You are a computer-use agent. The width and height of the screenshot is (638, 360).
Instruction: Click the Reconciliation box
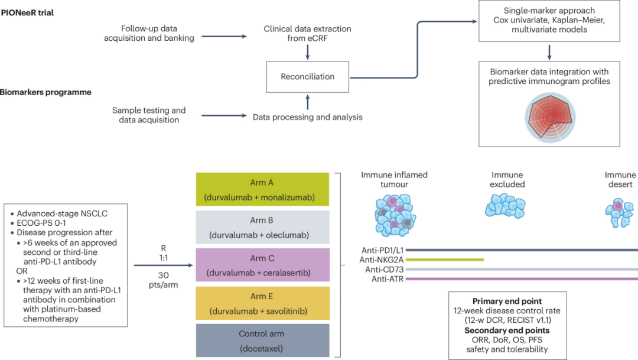tap(308, 76)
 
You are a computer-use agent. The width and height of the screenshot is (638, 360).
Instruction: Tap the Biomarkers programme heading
tap(45, 92)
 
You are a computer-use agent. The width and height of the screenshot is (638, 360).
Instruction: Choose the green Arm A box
tap(262, 190)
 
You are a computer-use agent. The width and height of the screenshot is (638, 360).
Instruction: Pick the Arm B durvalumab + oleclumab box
tap(262, 228)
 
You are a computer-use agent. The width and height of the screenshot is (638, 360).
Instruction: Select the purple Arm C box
tap(262, 265)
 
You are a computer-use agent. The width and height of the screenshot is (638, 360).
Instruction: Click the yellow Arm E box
tap(262, 303)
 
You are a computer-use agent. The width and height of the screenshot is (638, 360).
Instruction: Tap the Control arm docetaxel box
tap(262, 341)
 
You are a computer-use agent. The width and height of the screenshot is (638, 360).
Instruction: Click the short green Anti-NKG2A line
tap(445, 260)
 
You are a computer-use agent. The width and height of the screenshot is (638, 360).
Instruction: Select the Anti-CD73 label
tap(384, 269)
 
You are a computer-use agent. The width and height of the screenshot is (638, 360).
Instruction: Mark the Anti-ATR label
tap(388, 278)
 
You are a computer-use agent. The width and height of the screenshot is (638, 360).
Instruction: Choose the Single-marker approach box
tap(549, 21)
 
